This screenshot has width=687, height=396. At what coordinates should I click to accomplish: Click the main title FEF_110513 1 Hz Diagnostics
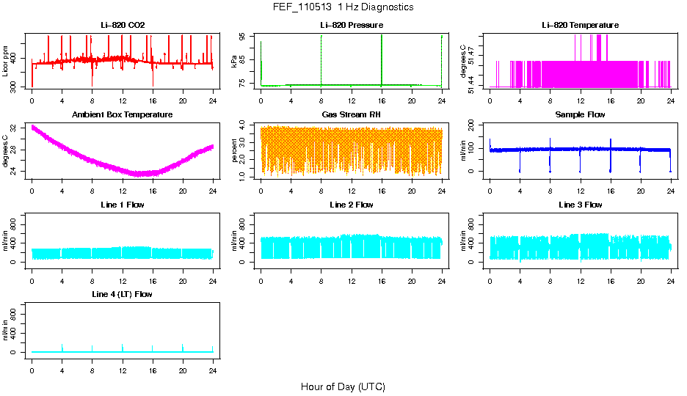click(x=343, y=7)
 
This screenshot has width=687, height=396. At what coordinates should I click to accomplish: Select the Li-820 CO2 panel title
click(x=123, y=25)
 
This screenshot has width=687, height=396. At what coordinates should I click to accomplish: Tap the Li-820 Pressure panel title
click(x=352, y=25)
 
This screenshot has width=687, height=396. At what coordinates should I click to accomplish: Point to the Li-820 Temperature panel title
click(x=580, y=25)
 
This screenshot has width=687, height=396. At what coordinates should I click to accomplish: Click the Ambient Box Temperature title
click(x=123, y=115)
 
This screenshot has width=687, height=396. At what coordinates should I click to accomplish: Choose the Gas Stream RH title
click(x=352, y=115)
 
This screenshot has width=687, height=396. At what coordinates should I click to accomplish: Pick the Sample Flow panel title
click(x=580, y=115)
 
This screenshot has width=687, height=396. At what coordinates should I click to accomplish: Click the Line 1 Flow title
click(x=123, y=205)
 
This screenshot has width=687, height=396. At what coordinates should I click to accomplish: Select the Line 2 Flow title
click(x=352, y=205)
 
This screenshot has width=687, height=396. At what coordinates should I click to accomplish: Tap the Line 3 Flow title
click(x=580, y=205)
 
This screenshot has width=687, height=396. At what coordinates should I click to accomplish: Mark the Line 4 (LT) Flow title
click(x=123, y=294)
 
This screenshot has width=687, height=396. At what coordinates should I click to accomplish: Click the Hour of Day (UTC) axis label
click(x=343, y=386)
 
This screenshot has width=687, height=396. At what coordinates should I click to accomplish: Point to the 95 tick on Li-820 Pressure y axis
click(x=244, y=35)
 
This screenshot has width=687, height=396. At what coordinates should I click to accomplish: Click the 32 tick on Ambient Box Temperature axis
click(x=15, y=128)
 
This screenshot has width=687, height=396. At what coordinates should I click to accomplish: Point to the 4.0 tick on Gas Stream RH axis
click(x=244, y=127)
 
